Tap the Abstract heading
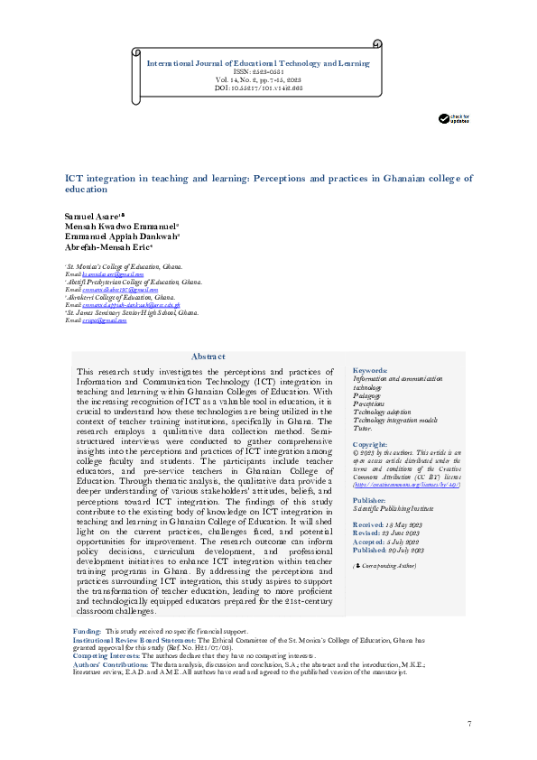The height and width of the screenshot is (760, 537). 208,357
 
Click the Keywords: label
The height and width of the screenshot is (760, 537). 370,371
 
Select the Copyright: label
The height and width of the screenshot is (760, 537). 370,445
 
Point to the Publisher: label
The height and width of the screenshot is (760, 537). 370,499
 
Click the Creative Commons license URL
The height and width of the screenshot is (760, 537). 399,484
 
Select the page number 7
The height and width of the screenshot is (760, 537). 469,726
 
